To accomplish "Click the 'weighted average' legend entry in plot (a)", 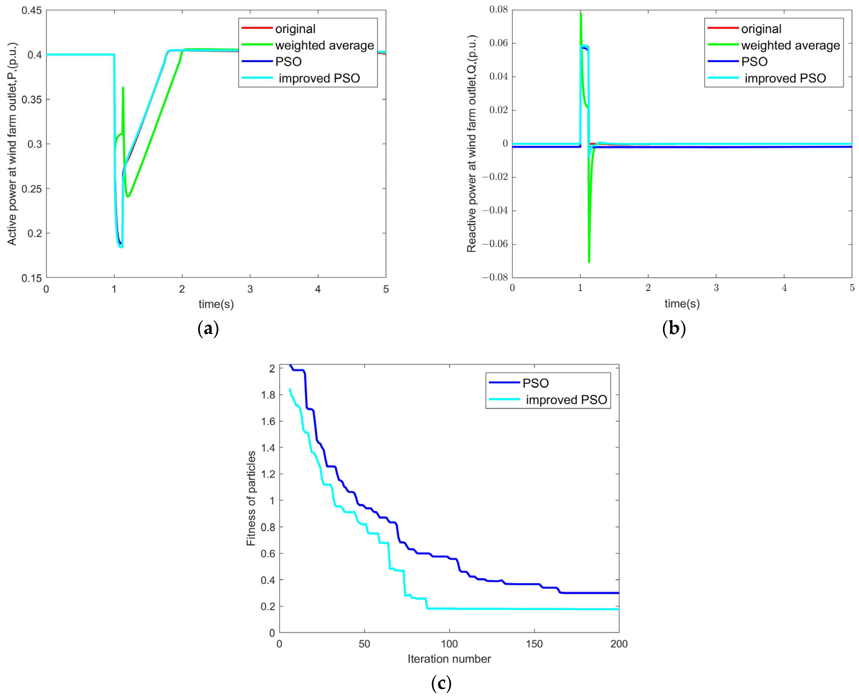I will pos(324,45).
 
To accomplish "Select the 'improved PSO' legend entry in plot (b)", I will pos(785,78).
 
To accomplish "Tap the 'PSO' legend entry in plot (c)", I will pos(535,383).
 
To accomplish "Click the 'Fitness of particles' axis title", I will pos(251,498).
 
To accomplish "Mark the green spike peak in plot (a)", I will pos(123,88).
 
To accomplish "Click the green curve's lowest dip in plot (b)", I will pos(589,262).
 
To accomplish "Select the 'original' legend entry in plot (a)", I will pos(295,29).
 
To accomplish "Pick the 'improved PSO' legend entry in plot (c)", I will pos(566,400).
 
